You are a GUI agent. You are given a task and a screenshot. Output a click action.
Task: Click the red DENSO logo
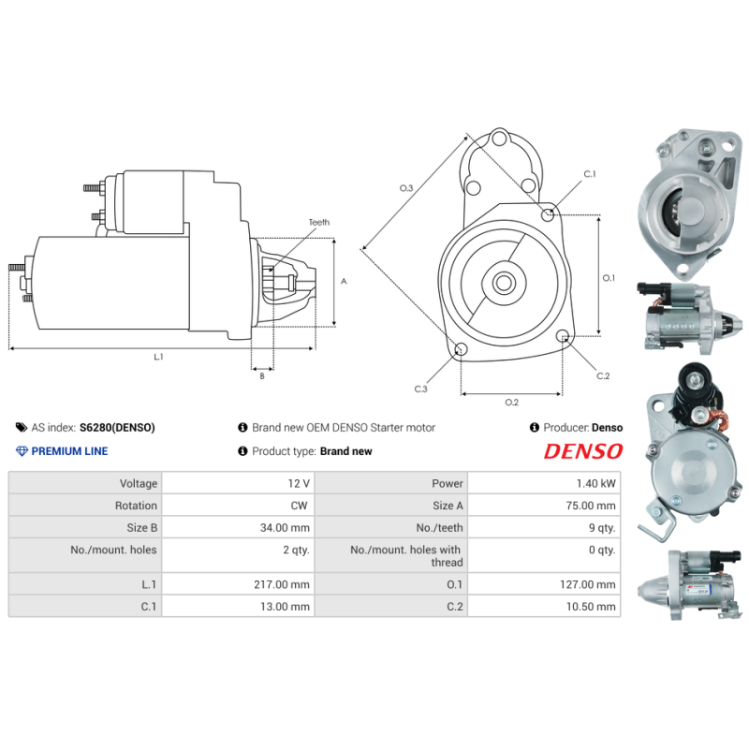click(x=583, y=451)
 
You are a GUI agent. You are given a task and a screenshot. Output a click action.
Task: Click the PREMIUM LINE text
click(x=69, y=451)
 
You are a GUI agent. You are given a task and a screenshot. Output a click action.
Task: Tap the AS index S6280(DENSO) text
click(x=117, y=428)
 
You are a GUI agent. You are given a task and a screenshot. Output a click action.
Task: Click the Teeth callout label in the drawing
click(x=319, y=223)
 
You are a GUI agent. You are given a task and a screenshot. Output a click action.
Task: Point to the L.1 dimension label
click(x=159, y=357)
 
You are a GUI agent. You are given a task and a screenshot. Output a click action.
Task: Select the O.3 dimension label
click(x=406, y=188)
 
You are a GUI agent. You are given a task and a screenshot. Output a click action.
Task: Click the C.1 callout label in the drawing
click(x=590, y=174)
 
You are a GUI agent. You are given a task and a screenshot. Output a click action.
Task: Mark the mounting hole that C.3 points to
click(x=461, y=350)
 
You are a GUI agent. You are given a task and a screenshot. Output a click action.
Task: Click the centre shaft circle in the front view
click(x=503, y=282)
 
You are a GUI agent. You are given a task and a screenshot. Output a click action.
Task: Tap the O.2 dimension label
click(x=511, y=403)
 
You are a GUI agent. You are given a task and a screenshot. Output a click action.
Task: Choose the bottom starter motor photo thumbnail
click(x=691, y=588)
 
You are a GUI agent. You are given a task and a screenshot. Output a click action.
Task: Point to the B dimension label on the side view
click(x=261, y=376)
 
